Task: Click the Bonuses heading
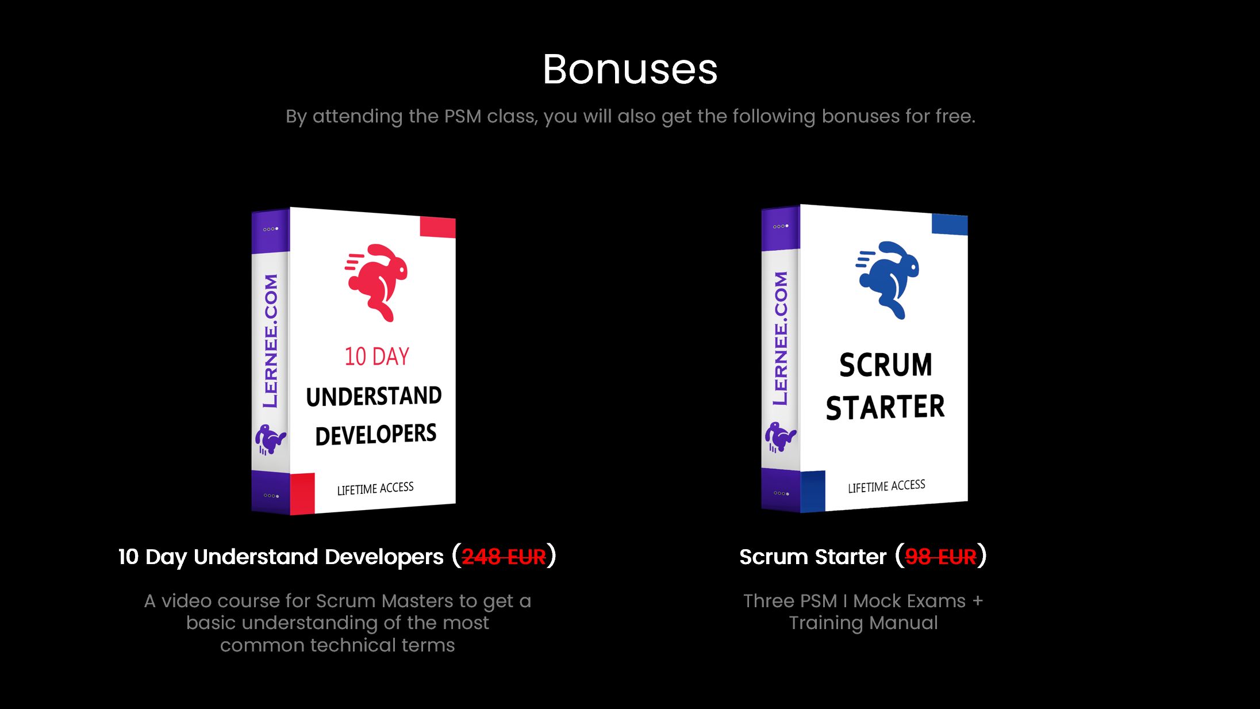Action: (630, 70)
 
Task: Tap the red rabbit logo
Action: (377, 282)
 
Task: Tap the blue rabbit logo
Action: (888, 279)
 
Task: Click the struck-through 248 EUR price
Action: (504, 557)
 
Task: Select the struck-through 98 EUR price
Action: (940, 557)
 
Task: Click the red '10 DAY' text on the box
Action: (377, 357)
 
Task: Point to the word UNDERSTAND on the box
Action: (374, 397)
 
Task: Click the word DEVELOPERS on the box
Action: (376, 435)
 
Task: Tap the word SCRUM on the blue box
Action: (886, 365)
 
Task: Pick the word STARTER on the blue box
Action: (885, 407)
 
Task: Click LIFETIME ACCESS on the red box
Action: (375, 489)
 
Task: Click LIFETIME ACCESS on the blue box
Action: (886, 486)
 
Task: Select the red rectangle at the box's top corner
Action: (438, 227)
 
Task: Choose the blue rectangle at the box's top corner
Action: (950, 224)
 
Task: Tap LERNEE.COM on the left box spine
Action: (270, 340)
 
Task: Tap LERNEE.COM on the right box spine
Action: (781, 338)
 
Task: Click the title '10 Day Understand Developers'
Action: (281, 557)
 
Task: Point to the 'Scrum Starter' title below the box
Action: (813, 557)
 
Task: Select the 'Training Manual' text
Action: (863, 623)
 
